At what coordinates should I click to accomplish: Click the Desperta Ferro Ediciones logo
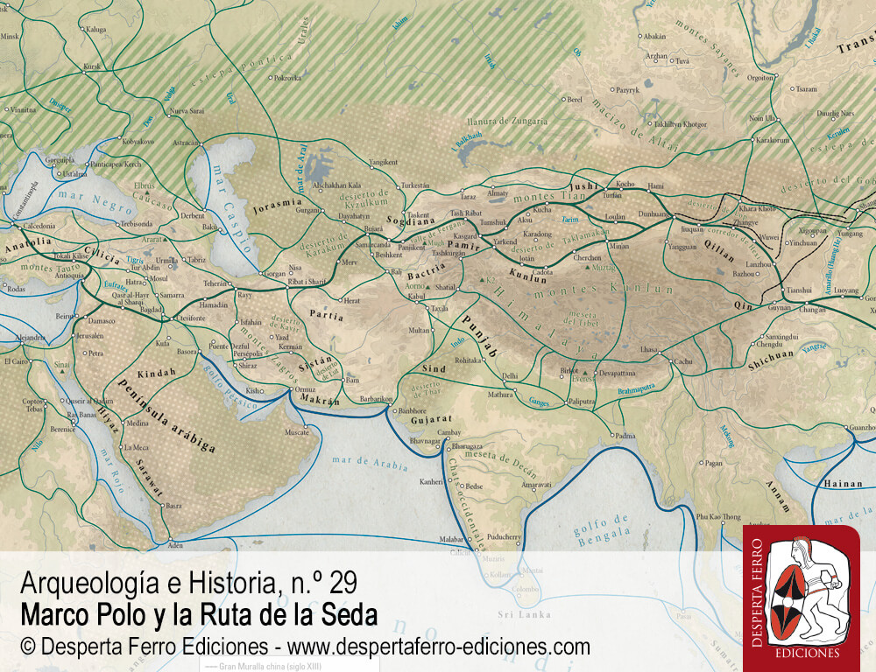pos(801,598)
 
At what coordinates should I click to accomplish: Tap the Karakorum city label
pos(773,140)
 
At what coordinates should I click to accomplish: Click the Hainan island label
pos(843,483)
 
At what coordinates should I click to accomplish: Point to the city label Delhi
pos(509,376)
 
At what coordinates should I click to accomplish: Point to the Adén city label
pos(175,544)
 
